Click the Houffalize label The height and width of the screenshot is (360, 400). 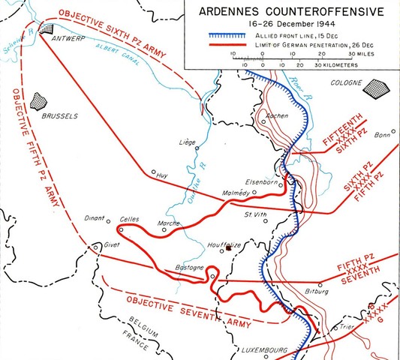[227, 245]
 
